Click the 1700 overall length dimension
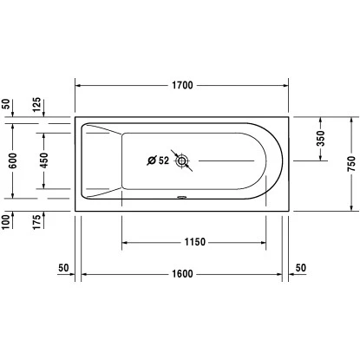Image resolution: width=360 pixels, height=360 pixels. click(181, 85)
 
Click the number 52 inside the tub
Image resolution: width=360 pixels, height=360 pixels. click(163, 160)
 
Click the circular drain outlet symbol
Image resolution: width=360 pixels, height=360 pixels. click(181, 160)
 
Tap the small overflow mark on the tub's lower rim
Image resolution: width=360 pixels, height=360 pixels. click(181, 196)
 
